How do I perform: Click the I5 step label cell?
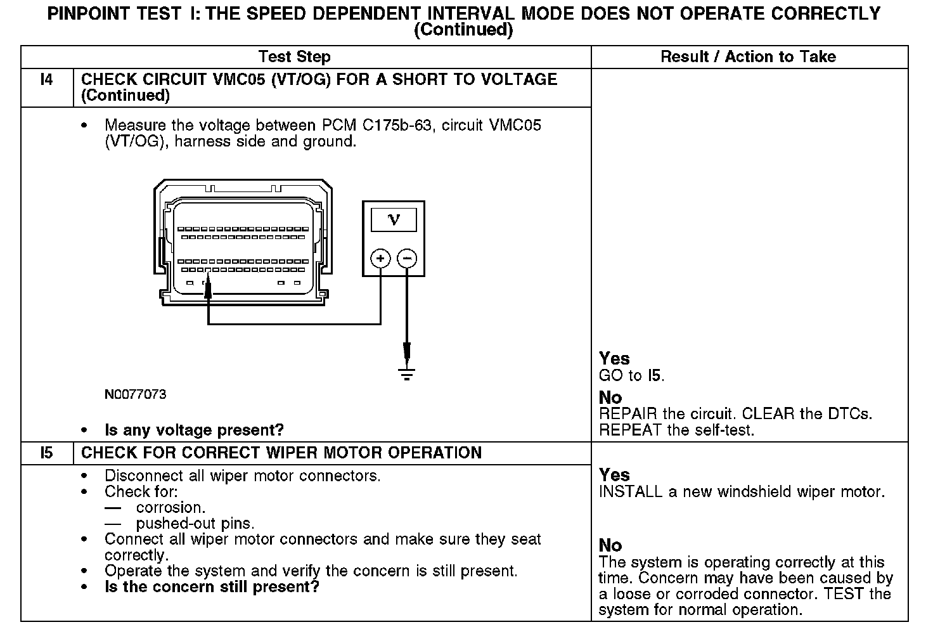(x=46, y=453)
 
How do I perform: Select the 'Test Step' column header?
(x=294, y=57)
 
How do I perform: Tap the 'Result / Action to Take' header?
(x=748, y=57)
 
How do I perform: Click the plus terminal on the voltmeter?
(x=380, y=258)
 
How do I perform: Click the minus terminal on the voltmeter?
(x=407, y=258)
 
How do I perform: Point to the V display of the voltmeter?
(x=394, y=220)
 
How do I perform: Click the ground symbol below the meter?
(x=407, y=373)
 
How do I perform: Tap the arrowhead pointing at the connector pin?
(x=208, y=289)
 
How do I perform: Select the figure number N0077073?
(x=136, y=394)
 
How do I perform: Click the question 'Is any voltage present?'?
(x=194, y=430)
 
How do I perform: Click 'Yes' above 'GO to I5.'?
(x=614, y=359)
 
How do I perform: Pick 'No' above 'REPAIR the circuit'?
(x=610, y=398)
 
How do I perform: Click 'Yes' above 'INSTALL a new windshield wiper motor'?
(x=614, y=475)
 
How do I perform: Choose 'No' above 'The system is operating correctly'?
(x=610, y=545)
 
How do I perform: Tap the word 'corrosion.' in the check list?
(x=171, y=508)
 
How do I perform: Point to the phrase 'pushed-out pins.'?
(x=195, y=524)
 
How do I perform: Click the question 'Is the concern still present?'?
(x=212, y=587)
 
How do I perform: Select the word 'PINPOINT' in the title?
(x=88, y=14)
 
